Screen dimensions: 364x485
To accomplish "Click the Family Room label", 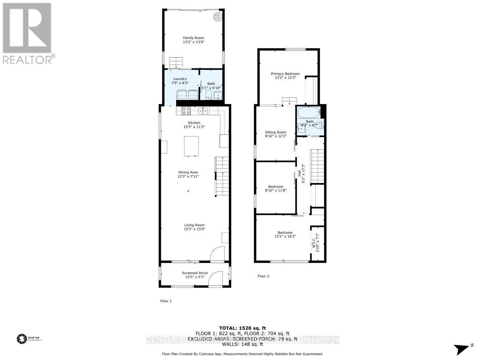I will tap(194, 38).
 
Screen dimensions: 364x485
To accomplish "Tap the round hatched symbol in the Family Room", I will tap(218, 16).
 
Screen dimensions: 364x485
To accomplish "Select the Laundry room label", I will tap(180, 79).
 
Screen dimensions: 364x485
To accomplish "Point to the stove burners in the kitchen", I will tap(186, 110).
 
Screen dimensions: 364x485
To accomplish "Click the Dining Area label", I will tap(188, 172).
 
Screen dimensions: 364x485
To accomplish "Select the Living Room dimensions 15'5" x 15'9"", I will tap(194, 229).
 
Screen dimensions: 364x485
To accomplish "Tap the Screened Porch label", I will tap(194, 273).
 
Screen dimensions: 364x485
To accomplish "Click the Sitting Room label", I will tap(276, 132).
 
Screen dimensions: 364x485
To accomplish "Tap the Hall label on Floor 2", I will tap(299, 173).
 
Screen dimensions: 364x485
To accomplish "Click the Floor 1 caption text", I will tap(166, 301).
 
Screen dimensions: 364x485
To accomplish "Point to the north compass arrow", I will tap(462, 349).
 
